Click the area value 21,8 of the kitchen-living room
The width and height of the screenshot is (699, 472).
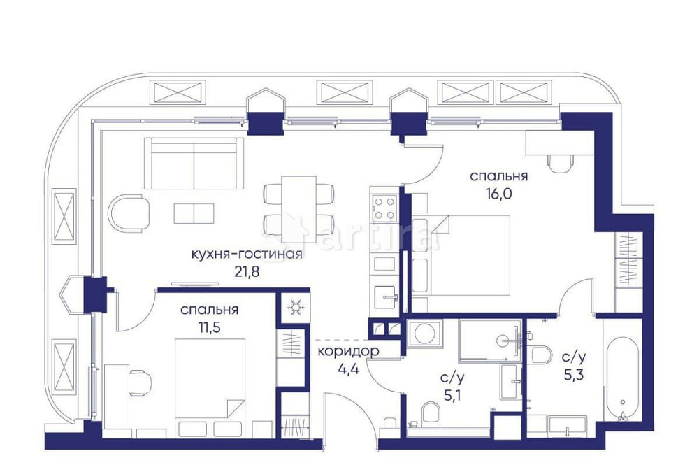247,272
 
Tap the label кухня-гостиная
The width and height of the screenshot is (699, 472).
247,254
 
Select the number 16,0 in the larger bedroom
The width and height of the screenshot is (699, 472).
499,194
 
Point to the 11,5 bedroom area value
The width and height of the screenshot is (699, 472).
209,327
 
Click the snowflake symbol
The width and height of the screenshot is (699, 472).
293,307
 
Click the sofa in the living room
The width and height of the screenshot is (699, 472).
194,162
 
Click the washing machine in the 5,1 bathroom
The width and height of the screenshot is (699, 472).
424,334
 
